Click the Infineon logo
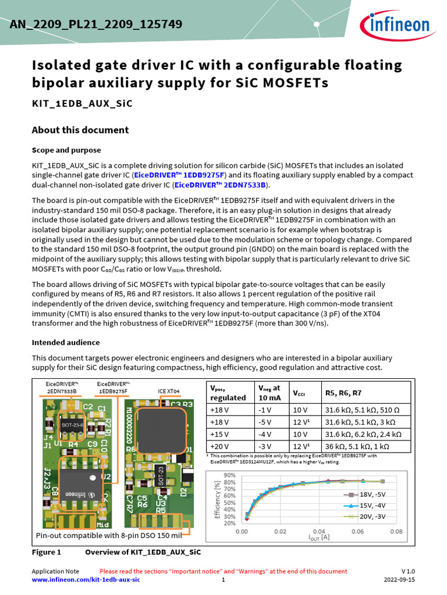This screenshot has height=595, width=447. pos(399,24)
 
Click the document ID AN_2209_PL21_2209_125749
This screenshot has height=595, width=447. pos(96,24)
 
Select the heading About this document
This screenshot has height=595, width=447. pos(80,130)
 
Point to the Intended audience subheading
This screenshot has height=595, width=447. pos(65,342)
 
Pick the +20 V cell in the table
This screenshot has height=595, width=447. pos(220,446)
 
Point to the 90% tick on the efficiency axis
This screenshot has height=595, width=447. pos(229,475)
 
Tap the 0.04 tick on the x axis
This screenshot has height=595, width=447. pos(318,531)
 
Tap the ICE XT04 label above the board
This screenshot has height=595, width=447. pos(169,392)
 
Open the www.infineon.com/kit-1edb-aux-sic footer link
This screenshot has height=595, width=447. pos(86,580)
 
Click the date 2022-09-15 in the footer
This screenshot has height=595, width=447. pos(399,580)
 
